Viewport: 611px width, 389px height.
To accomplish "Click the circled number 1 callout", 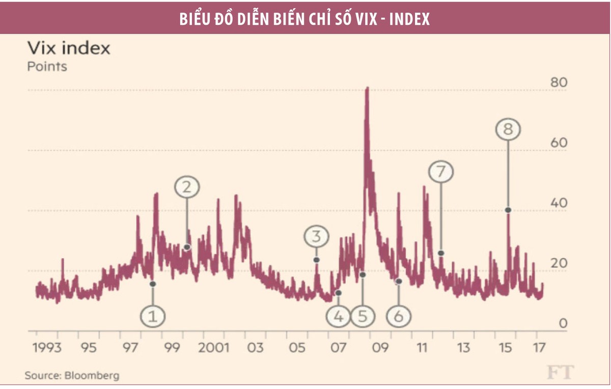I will click(153, 316).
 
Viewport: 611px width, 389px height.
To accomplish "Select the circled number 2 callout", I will click(187, 187).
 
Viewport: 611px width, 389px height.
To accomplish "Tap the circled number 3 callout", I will click(317, 237).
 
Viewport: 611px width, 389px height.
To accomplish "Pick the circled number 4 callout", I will click(339, 316).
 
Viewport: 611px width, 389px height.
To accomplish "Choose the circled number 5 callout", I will click(363, 316).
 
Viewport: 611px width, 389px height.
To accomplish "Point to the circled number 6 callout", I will click(399, 316).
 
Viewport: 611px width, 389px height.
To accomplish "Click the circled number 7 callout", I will click(441, 172).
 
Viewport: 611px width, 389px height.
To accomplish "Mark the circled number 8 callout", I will click(508, 130).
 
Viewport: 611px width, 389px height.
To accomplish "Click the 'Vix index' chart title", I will click(69, 48).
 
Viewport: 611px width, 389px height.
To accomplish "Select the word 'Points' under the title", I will click(47, 66).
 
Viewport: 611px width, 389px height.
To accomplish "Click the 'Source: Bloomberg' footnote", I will click(72, 376).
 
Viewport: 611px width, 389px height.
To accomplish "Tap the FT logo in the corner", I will click(560, 373).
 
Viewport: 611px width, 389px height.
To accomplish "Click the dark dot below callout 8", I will click(508, 210).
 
